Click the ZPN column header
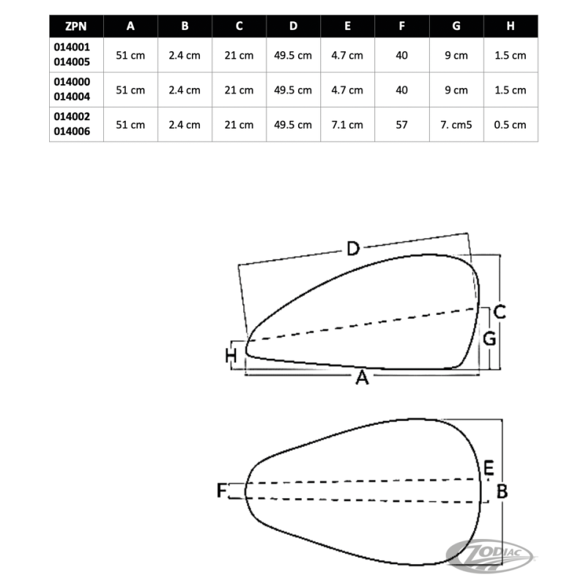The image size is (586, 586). [76, 26]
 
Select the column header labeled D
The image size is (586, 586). [293, 26]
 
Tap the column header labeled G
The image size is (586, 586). [456, 26]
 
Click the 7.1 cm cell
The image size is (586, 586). [347, 125]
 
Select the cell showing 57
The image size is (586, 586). [401, 125]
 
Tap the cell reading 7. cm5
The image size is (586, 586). [456, 125]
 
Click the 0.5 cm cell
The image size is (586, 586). [511, 125]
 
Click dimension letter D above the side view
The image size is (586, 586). [352, 250]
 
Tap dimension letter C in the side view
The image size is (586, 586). [500, 312]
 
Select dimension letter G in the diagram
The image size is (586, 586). [490, 339]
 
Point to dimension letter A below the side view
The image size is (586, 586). [360, 379]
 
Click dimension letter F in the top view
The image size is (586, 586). [222, 491]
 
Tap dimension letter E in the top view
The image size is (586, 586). [489, 467]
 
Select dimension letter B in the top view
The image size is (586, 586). [502, 492]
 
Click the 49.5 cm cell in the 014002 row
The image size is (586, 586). [293, 125]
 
